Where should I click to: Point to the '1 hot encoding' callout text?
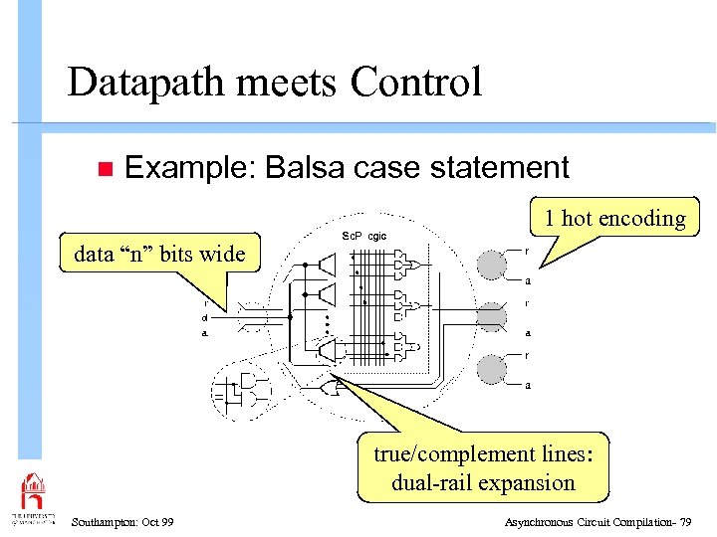[614, 219]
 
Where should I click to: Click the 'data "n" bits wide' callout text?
[159, 254]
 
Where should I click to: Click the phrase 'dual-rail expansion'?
[483, 483]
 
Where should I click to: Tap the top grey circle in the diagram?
[491, 265]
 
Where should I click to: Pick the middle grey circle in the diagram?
[491, 317]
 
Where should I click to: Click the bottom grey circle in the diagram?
[491, 369]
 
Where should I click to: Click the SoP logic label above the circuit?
[363, 236]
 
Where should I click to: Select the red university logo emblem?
[33, 493]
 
